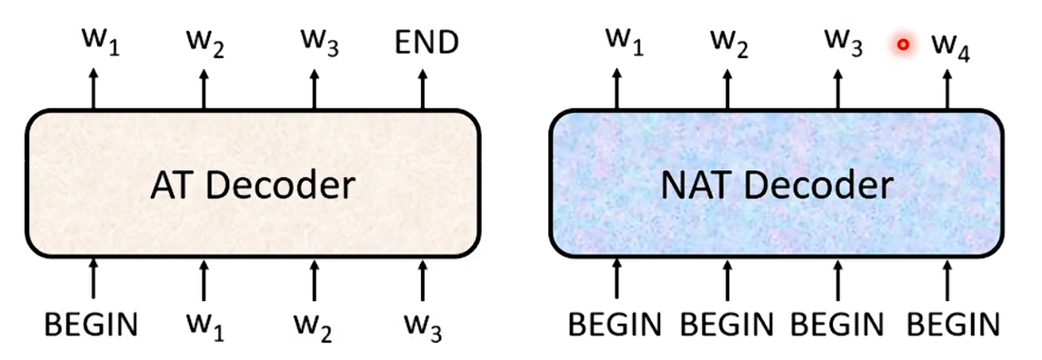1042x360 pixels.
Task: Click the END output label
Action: point(426,43)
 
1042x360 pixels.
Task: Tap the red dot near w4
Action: point(903,45)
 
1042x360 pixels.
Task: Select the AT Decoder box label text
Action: point(253,186)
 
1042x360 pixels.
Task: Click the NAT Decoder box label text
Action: point(776,186)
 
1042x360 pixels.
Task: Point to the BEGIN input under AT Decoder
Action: point(92,325)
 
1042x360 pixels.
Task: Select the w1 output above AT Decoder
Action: point(100,44)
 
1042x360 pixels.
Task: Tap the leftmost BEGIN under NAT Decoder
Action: point(616,325)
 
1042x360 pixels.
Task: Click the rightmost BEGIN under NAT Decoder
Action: point(954,325)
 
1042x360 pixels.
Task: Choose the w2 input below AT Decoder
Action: point(314,326)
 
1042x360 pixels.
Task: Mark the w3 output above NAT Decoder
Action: point(845,44)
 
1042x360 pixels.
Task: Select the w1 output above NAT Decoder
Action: point(625,44)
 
